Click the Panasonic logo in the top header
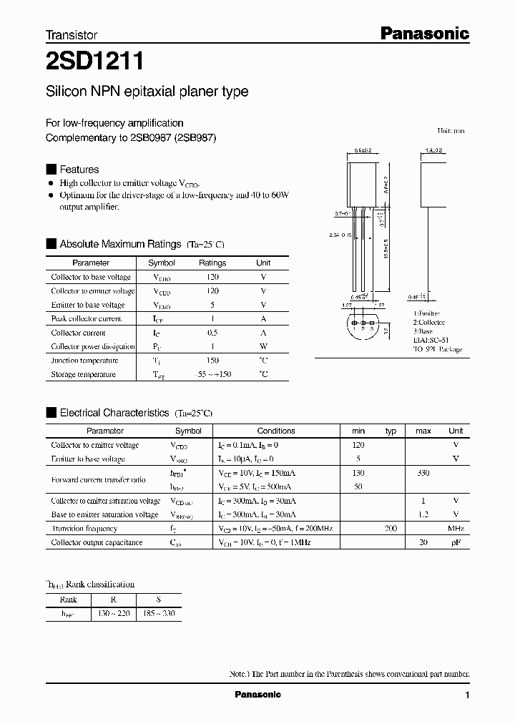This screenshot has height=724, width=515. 423,33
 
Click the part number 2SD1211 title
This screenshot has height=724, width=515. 95,63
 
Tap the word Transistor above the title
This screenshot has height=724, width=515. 72,35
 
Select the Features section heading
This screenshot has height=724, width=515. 79,170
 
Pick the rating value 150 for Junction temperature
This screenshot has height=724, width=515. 212,361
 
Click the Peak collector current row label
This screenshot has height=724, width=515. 87,319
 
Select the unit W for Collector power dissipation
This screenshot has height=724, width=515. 263,347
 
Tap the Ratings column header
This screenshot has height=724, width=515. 212,263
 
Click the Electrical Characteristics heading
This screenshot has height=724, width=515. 114,413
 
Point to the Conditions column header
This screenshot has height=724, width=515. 276,431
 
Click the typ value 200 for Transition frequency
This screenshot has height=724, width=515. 391,529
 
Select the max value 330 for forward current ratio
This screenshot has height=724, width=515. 423,473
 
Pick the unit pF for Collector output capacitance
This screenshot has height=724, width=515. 456,543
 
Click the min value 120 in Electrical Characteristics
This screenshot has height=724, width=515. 358,445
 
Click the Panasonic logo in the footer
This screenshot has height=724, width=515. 257,695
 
